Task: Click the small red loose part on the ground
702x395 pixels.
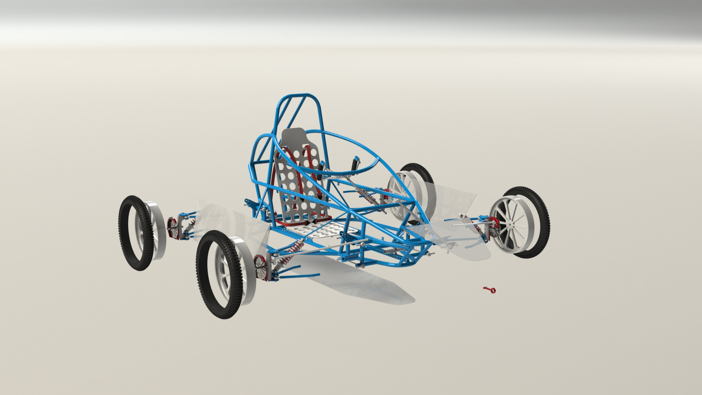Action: click(489, 290)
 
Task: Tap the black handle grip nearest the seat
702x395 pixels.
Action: click(321, 170)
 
